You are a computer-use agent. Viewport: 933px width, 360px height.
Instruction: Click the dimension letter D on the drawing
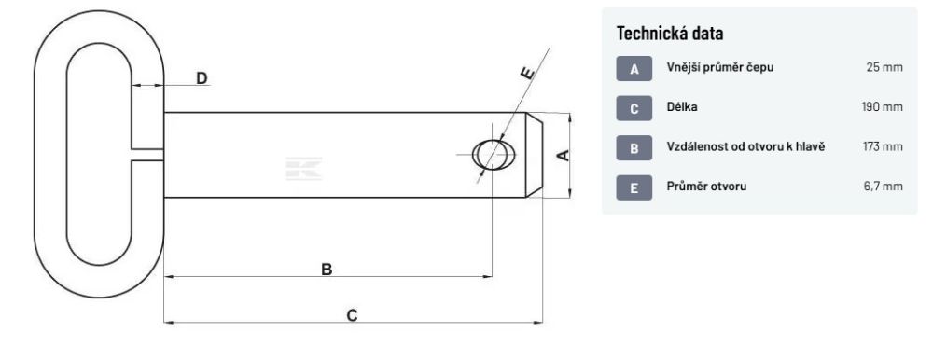pyautogui.click(x=202, y=78)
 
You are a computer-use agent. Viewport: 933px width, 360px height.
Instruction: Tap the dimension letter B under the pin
pyautogui.click(x=327, y=270)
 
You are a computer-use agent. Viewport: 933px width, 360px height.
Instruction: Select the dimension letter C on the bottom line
pyautogui.click(x=353, y=315)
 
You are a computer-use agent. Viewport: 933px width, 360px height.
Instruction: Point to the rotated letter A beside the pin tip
pyautogui.click(x=563, y=156)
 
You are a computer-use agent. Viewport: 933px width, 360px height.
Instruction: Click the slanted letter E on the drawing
pyautogui.click(x=527, y=73)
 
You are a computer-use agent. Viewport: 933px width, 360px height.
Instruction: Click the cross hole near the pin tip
pyautogui.click(x=494, y=154)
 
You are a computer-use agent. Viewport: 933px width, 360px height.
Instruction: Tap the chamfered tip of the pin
pyautogui.click(x=534, y=155)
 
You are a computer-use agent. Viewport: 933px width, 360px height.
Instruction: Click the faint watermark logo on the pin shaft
pyautogui.click(x=303, y=169)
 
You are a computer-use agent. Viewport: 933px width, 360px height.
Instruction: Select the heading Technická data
pyautogui.click(x=669, y=34)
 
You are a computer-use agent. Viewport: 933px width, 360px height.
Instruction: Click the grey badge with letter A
pyautogui.click(x=634, y=68)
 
